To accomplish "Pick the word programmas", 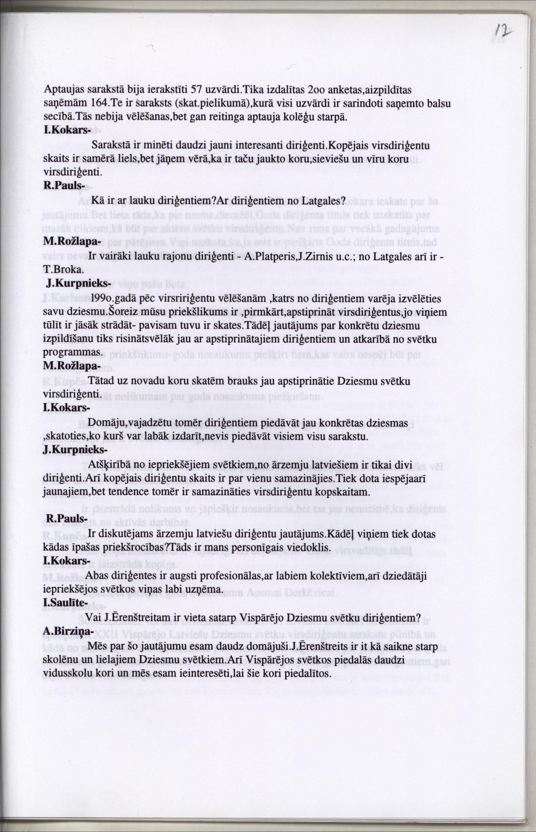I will coord(73,353).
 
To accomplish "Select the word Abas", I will coord(96,576).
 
